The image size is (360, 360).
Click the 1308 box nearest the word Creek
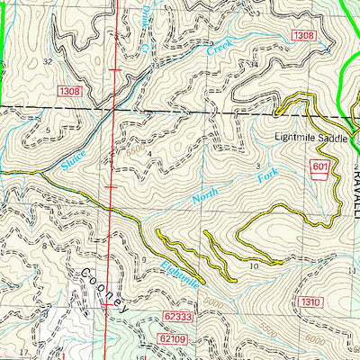[303, 34]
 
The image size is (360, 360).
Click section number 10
[255, 265]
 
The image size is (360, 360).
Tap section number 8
[43, 244]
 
